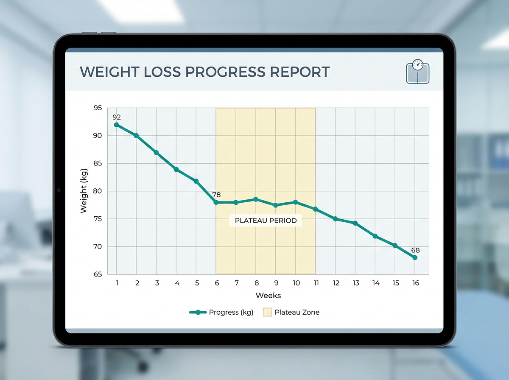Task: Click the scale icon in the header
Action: [418, 71]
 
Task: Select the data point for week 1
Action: [117, 125]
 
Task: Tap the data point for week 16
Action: [415, 257]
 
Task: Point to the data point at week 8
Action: [256, 199]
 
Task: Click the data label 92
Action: [117, 117]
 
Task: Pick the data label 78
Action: [216, 195]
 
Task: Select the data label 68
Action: [415, 250]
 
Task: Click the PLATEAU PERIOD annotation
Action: [266, 221]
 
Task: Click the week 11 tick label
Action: [316, 283]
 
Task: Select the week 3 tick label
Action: [157, 283]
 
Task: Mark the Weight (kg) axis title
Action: [84, 191]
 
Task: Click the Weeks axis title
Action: [268, 296]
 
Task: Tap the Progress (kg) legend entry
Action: [222, 313]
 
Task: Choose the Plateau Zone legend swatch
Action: [267, 313]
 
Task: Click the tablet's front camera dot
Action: [59, 190]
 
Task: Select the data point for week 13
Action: [355, 223]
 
